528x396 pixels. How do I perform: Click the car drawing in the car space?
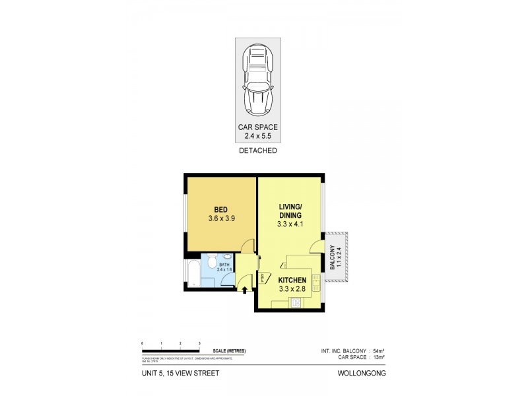point(257,81)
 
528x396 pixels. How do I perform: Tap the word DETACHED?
point(257,151)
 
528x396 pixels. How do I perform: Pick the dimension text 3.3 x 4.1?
point(290,224)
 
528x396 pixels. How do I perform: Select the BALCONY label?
point(333,259)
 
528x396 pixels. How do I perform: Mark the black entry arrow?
point(246,288)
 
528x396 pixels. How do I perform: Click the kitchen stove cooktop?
point(296,303)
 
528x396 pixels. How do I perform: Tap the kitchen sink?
point(315,285)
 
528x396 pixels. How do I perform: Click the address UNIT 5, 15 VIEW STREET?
point(180,373)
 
